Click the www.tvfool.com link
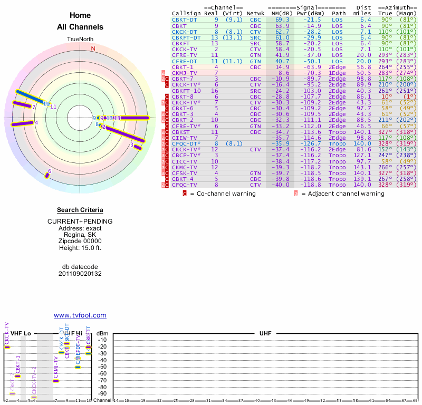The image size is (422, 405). tap(80, 315)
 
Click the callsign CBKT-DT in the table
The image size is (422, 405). tap(186, 20)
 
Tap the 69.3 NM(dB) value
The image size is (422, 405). tap(282, 20)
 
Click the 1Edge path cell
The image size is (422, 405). tap(337, 73)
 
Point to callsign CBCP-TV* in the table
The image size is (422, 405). tap(186, 155)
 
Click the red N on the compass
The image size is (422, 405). tap(93, 49)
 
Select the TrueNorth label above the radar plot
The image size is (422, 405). tap(80, 40)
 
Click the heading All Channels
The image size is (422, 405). tap(80, 27)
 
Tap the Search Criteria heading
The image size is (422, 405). tap(80, 210)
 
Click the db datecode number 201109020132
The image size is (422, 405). tap(80, 274)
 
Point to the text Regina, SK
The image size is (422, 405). tap(80, 235)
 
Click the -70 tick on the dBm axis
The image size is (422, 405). tap(103, 380)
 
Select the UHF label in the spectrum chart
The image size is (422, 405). tap(265, 334)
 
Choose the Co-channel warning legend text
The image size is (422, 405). tap(223, 194)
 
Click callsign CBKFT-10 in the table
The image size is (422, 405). tap(186, 91)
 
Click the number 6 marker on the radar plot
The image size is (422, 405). tap(49, 171)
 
